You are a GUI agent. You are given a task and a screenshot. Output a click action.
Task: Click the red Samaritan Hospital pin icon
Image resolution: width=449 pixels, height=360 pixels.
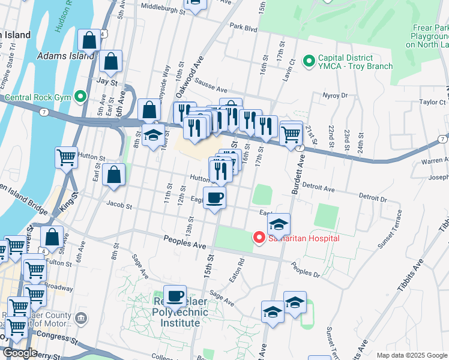(259, 238)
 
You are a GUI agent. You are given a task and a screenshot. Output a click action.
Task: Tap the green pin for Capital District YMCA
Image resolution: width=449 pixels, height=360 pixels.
(310, 61)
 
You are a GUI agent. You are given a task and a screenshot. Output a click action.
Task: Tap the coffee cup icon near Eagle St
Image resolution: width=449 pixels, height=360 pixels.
(215, 197)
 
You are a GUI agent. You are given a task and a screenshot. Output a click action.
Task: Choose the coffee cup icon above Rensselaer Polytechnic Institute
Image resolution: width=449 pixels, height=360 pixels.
(175, 296)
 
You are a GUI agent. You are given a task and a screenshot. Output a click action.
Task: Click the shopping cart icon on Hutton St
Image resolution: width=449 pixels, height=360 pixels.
(67, 158)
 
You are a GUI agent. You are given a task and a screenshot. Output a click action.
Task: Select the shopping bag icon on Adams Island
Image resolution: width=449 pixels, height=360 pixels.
(89, 41)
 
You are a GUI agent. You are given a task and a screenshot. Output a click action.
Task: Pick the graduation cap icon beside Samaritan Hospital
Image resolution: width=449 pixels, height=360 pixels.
(279, 224)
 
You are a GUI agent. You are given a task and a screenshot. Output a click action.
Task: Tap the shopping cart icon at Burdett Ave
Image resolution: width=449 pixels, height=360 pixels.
(291, 133)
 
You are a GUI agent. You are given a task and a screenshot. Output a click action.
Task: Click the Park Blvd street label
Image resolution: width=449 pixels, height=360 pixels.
(243, 27)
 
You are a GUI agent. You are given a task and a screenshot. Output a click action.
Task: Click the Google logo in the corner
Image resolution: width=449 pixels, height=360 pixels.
(19, 353)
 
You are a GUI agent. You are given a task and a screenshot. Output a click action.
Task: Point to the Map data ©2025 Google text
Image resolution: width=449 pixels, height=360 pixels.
(411, 355)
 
